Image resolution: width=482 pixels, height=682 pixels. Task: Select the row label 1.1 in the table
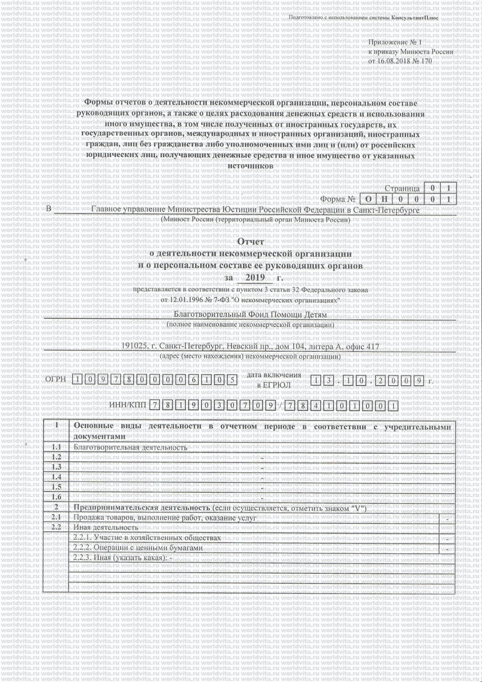click(56, 447)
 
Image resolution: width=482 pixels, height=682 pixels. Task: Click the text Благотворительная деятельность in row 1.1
click(130, 447)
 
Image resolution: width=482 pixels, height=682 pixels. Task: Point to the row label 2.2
click(56, 527)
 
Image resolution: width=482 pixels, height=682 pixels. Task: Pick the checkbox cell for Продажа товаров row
click(448, 518)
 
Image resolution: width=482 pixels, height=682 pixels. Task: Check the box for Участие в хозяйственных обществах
click(448, 539)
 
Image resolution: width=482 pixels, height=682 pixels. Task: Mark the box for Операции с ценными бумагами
click(448, 548)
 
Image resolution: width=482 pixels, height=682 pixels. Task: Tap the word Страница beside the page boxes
click(402, 189)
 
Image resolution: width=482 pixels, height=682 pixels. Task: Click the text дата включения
click(274, 375)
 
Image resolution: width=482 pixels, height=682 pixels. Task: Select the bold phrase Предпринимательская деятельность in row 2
click(142, 508)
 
